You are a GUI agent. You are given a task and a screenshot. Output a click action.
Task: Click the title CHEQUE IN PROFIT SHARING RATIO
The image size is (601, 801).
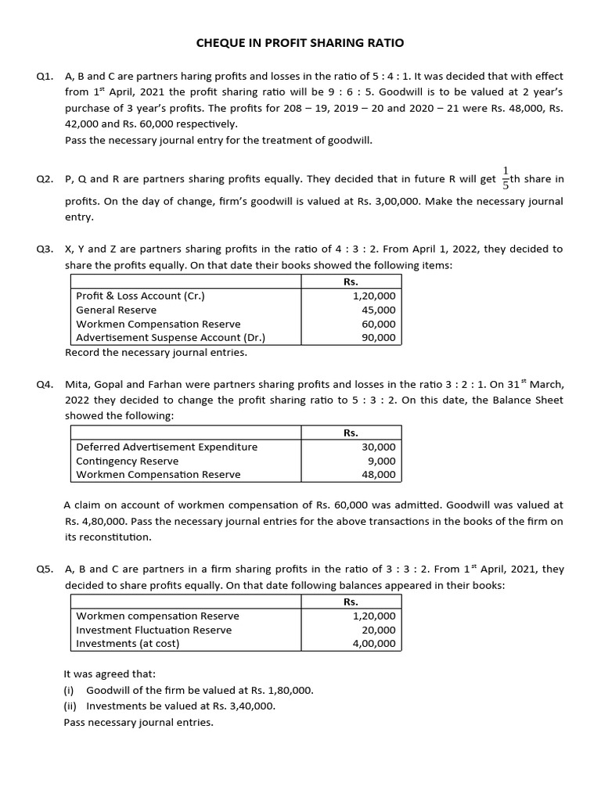coord(300,43)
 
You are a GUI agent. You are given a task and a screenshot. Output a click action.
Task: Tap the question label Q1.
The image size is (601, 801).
coord(45,77)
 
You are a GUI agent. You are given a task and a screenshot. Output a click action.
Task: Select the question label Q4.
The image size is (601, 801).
coord(45,385)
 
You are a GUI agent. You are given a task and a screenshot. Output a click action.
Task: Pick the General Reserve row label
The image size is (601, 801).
coord(116,310)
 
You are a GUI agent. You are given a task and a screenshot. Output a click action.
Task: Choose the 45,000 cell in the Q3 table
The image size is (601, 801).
coord(379,310)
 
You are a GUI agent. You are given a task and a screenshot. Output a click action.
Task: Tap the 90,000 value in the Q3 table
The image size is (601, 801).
coord(379,338)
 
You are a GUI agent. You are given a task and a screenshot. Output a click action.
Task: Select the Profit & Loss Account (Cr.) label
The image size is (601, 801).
coord(141,296)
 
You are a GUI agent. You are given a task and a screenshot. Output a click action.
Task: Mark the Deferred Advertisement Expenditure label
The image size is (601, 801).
coord(167,447)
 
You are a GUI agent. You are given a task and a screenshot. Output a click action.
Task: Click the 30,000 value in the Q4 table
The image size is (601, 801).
coord(379,447)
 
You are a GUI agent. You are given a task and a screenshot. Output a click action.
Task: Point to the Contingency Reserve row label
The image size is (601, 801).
coord(127,461)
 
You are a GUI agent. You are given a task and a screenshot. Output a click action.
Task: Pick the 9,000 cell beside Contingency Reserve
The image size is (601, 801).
coord(382,461)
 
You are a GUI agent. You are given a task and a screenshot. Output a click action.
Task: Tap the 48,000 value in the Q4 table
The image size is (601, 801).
coord(379,475)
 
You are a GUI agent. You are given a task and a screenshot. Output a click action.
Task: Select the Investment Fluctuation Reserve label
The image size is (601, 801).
coord(153,630)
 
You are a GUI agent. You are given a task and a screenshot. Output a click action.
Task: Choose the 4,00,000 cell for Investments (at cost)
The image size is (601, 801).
coord(375,644)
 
